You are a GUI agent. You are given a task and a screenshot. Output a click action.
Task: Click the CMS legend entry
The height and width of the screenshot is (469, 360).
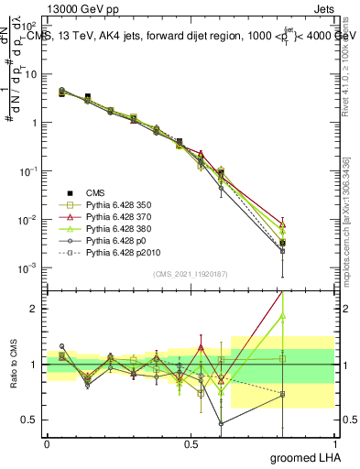point(95,192)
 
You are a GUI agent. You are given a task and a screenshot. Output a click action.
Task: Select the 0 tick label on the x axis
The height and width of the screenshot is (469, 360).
point(47,443)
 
